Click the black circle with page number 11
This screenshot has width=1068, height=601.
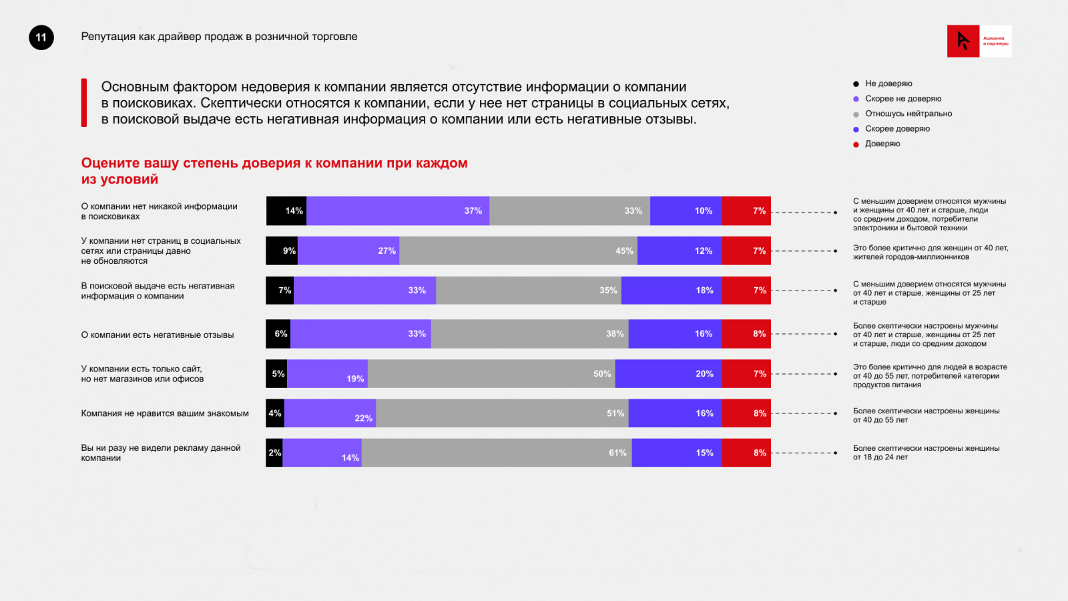pyautogui.click(x=41, y=37)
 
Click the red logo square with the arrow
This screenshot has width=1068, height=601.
pyautogui.click(x=963, y=41)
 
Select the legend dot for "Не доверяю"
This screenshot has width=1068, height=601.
pyautogui.click(x=856, y=84)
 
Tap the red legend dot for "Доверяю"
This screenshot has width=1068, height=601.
pyautogui.click(x=856, y=144)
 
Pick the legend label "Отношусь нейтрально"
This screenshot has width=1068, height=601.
pyautogui.click(x=908, y=114)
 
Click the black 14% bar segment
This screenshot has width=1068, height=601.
pyautogui.click(x=286, y=211)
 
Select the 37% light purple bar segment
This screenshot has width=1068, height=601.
pyautogui.click(x=398, y=211)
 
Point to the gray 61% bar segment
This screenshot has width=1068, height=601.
pyautogui.click(x=497, y=453)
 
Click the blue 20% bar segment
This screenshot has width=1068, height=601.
pyautogui.click(x=668, y=374)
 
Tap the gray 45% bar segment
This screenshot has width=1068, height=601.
pyautogui.click(x=518, y=251)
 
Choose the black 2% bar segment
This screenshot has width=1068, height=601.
pyautogui.click(x=274, y=453)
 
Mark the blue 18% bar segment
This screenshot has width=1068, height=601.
pyautogui.click(x=672, y=290)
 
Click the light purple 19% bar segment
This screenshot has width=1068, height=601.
pyautogui.click(x=327, y=374)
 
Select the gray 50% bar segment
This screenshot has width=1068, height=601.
pyautogui.click(x=491, y=374)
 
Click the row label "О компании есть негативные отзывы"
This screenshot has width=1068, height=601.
pyautogui.click(x=158, y=335)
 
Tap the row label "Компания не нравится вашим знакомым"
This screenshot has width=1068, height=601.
pyautogui.click(x=165, y=414)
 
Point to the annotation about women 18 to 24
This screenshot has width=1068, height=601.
pyautogui.click(x=926, y=453)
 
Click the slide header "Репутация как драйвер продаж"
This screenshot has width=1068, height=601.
pyautogui.click(x=219, y=37)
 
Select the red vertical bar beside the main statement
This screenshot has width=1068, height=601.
pyautogui.click(x=84, y=103)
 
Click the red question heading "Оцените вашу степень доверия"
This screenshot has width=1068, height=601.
pyautogui.click(x=274, y=171)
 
